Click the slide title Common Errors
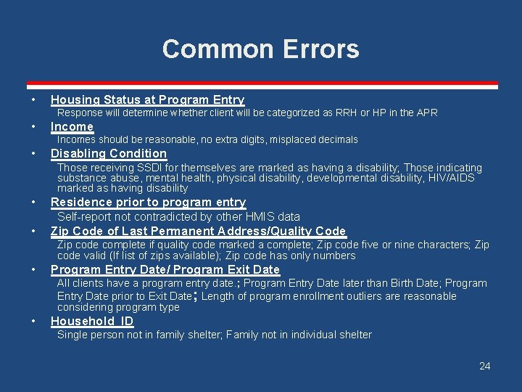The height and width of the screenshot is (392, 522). (260, 49)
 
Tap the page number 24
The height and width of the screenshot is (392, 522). (485, 366)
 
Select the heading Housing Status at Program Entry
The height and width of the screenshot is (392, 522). (147, 100)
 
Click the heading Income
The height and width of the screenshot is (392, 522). (72, 127)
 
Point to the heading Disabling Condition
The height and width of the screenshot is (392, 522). (109, 154)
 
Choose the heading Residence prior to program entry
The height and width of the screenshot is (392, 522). (148, 203)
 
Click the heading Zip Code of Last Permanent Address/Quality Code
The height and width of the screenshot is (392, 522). (198, 232)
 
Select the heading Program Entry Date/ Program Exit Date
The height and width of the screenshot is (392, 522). (165, 270)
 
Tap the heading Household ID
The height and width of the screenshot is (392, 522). (92, 322)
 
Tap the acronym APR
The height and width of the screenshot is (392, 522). (428, 113)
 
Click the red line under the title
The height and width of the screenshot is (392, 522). (260, 86)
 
